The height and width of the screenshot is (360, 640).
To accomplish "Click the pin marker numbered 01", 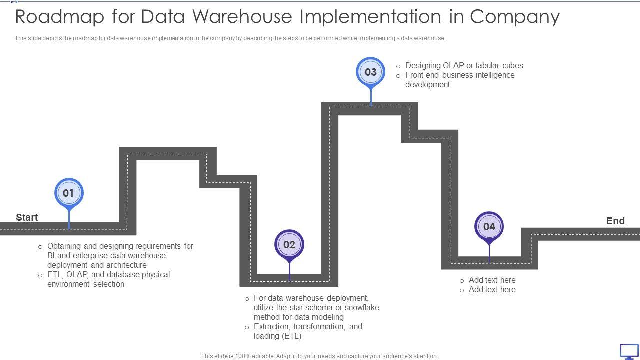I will pos(69,193).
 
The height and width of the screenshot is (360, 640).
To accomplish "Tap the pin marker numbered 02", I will pos(289,245).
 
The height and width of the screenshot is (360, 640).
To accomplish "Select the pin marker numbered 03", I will pos(370,72).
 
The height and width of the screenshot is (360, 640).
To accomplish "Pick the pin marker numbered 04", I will pos(489,227).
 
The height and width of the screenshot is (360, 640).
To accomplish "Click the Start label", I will pos(27,217).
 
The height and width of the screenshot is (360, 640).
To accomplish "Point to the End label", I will pos(615,221).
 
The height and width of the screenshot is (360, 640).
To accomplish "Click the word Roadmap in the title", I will pos(60,16).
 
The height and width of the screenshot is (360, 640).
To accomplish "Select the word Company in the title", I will pos(515,16).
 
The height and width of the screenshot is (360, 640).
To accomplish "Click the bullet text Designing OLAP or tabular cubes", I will pos(464,65).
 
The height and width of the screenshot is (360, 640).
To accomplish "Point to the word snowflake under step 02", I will pos(362,307).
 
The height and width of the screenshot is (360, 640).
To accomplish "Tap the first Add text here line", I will pos(492,280).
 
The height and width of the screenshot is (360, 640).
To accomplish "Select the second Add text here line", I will pos(492,289).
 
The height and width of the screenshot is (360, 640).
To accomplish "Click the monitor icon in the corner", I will pos(629,351).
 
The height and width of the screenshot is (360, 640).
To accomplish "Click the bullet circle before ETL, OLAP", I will pos(40,275).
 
